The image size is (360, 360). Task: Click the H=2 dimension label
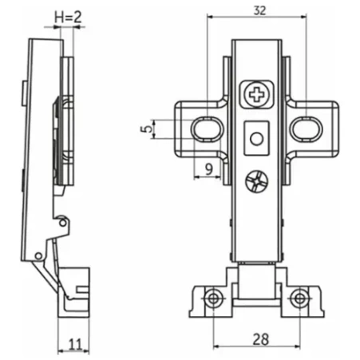(68, 18)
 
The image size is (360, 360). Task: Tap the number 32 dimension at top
(259, 10)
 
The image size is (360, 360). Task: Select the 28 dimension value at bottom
(261, 339)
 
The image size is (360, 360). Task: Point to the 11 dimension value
(75, 344)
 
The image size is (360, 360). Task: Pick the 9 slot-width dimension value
(210, 168)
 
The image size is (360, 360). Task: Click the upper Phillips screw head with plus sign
(257, 94)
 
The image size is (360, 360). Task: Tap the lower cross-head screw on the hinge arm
(257, 182)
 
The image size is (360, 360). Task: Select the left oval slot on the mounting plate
(208, 129)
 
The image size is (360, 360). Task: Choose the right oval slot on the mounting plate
(307, 129)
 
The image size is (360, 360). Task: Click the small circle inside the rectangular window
(257, 139)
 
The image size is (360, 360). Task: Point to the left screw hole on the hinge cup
(213, 299)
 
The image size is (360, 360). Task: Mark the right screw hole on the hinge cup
(300, 299)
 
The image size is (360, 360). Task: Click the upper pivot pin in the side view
(63, 223)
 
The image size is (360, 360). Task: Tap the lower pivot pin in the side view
(38, 256)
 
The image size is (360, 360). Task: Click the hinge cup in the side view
(74, 292)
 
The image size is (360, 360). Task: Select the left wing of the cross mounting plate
(201, 129)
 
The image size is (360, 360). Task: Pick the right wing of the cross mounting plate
(313, 129)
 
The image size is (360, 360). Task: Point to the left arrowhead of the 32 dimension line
(210, 17)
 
